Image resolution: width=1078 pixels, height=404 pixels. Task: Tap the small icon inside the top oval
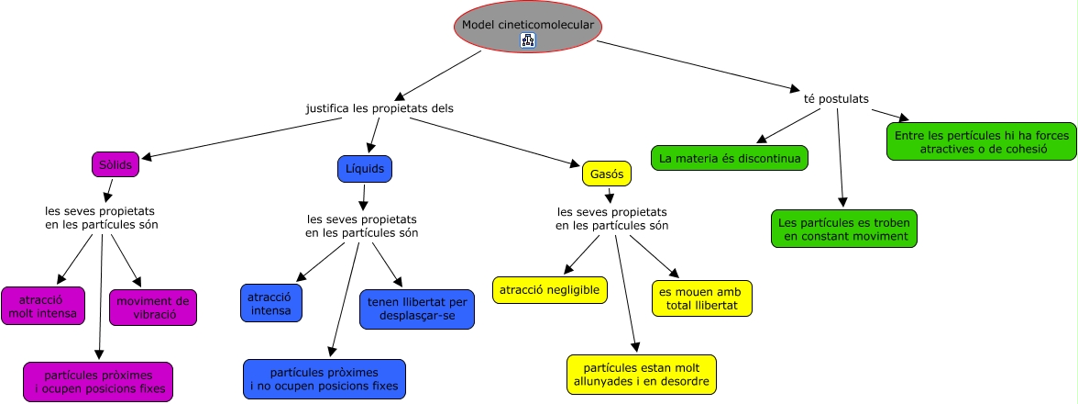click(528, 39)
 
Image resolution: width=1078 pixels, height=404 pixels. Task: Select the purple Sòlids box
click(115, 165)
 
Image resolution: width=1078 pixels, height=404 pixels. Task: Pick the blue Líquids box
click(365, 169)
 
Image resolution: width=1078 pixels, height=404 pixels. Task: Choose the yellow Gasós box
click(607, 174)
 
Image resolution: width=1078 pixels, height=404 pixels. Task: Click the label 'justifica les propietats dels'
click(379, 108)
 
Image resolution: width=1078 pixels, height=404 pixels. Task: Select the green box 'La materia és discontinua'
click(730, 158)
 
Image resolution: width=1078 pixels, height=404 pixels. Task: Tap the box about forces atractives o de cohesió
click(982, 142)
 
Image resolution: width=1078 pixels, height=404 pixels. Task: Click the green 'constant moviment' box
click(844, 229)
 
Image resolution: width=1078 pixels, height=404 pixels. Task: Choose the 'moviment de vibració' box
click(153, 308)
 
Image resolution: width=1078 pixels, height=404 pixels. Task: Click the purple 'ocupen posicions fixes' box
click(98, 382)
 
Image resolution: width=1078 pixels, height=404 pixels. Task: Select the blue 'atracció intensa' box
click(271, 303)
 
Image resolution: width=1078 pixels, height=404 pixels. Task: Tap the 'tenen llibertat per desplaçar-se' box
click(417, 309)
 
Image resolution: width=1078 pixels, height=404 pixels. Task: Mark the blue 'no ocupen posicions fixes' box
click(324, 379)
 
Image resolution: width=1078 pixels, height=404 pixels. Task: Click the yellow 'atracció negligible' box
click(550, 290)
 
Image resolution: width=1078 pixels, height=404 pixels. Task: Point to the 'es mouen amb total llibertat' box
click(702, 298)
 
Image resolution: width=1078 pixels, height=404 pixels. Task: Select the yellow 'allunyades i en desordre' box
click(642, 375)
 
